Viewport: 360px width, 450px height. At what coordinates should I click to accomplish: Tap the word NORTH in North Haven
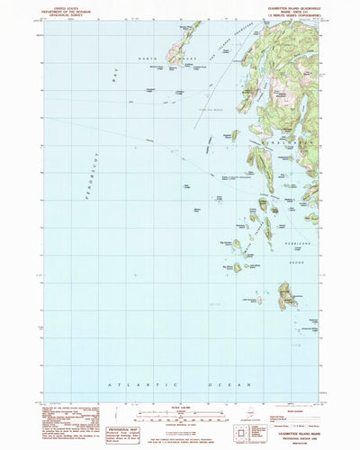[154, 59]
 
